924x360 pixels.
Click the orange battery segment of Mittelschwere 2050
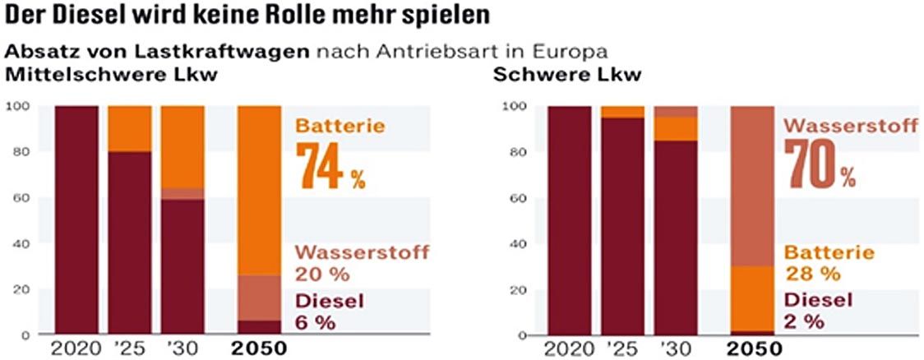point(259,189)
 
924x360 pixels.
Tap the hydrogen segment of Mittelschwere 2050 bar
point(259,298)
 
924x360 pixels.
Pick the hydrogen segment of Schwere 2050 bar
point(752,185)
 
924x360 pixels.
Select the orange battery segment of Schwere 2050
point(752,298)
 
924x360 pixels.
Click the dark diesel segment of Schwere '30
point(677,238)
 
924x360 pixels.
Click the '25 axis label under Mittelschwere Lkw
point(130,348)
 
